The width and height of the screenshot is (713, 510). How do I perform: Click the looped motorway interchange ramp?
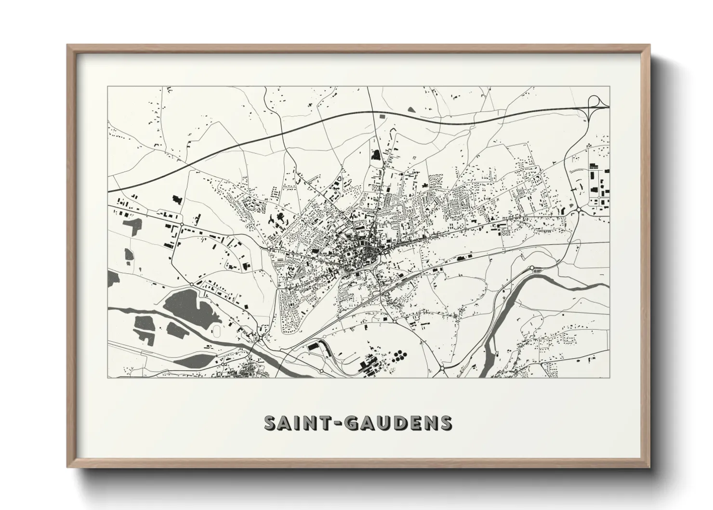click(x=597, y=103)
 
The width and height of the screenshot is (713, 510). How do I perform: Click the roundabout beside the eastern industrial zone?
click(x=579, y=210)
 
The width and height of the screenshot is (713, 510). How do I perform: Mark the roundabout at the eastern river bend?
click(x=532, y=268)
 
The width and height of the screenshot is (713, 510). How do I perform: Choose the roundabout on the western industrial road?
click(x=191, y=284)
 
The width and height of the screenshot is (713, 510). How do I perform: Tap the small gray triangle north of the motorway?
click(x=410, y=110)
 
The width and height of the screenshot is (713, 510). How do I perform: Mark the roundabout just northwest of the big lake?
click(x=191, y=284)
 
